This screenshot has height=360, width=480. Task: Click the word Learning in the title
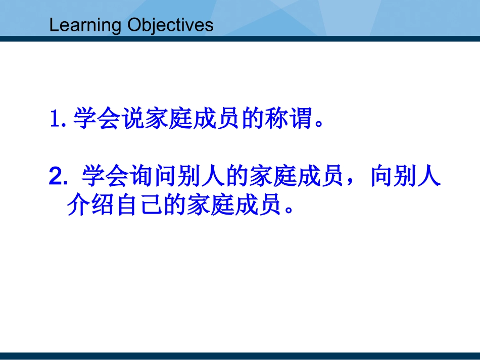tap(85, 25)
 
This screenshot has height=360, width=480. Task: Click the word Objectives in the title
tap(170, 25)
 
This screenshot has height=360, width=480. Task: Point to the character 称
tap(276, 118)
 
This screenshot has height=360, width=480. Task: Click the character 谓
tap(300, 118)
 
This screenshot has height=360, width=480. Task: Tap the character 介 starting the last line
tap(78, 204)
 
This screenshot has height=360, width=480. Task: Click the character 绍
tap(103, 204)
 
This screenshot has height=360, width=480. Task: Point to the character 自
tap(127, 204)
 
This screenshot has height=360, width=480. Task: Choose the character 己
tap(151, 204)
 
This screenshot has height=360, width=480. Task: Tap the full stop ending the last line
tap(289, 210)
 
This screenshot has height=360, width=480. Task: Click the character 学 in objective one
tap(85, 118)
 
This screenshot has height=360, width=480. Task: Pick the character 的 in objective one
tap(252, 118)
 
